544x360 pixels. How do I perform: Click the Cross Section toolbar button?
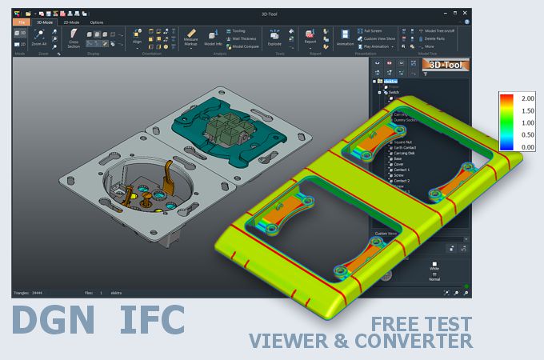point(74,38)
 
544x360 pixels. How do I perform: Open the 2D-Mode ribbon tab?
point(70,22)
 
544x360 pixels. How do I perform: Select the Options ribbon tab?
point(96,22)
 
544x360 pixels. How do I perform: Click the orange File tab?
point(21,22)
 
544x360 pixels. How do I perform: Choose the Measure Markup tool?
point(190,38)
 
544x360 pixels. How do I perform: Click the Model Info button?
point(213,38)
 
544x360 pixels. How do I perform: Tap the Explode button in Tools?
point(274,38)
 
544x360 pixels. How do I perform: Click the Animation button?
point(345,38)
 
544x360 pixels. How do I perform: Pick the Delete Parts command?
point(434,38)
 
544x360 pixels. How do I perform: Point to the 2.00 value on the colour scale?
point(528,98)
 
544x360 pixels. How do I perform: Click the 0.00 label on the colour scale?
point(528,147)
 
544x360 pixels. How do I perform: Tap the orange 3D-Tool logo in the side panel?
point(446,65)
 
